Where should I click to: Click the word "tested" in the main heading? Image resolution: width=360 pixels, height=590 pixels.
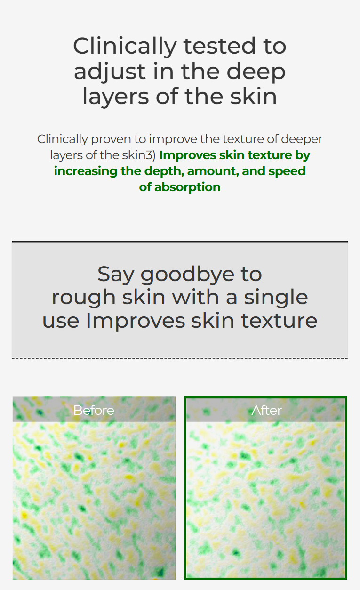pyautogui.click(x=219, y=46)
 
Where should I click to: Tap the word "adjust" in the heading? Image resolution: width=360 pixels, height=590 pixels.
pyautogui.click(x=110, y=72)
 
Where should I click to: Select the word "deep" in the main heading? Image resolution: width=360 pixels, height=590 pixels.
pyautogui.click(x=256, y=72)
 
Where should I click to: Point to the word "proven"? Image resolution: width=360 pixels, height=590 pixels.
pyautogui.click(x=111, y=139)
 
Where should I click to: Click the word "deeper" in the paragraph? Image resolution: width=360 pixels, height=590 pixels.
pyautogui.click(x=302, y=139)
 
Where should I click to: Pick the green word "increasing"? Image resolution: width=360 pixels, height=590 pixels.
pyautogui.click(x=86, y=171)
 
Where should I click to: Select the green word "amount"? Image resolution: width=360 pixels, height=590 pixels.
pyautogui.click(x=213, y=171)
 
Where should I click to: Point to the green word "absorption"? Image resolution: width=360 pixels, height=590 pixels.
pyautogui.click(x=187, y=187)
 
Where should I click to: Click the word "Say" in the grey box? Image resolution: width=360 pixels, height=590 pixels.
pyautogui.click(x=116, y=275)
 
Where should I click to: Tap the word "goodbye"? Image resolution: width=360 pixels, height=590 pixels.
pyautogui.click(x=187, y=275)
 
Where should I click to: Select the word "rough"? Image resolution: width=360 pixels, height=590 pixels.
pyautogui.click(x=84, y=298)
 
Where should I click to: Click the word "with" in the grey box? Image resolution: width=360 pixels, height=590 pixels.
pyautogui.click(x=195, y=297)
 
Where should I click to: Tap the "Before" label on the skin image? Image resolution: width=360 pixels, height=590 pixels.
pyautogui.click(x=94, y=411)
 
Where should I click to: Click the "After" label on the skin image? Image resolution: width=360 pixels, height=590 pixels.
pyautogui.click(x=266, y=411)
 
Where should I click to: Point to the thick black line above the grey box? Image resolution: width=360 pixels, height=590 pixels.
pyautogui.click(x=180, y=242)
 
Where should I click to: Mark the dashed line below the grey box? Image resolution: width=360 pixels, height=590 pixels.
pyautogui.click(x=180, y=358)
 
